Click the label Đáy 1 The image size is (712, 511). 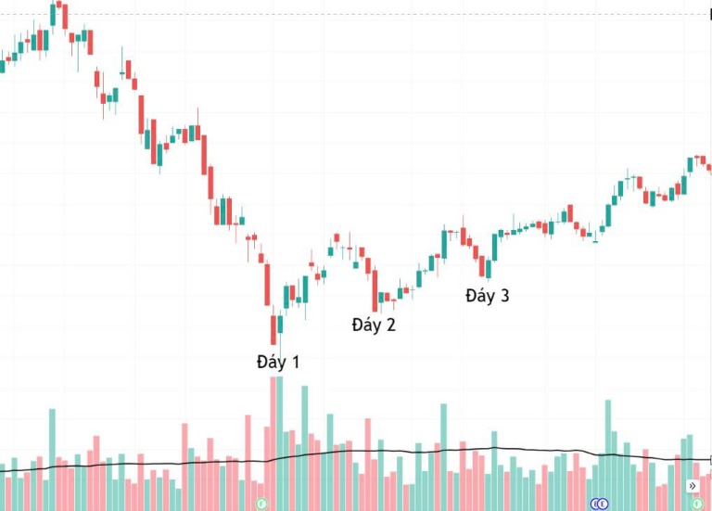pyautogui.click(x=278, y=363)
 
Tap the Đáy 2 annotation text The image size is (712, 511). pyautogui.click(x=374, y=325)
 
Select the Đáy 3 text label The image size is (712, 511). pyautogui.click(x=488, y=296)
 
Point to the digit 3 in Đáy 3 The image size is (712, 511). pyautogui.click(x=504, y=296)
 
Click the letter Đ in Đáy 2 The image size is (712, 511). pyautogui.click(x=358, y=325)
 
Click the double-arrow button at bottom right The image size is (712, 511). pyautogui.click(x=692, y=486)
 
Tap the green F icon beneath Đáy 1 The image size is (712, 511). pyautogui.click(x=261, y=504)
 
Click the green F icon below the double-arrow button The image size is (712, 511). pyautogui.click(x=697, y=504)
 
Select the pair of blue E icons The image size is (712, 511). pyautogui.click(x=600, y=504)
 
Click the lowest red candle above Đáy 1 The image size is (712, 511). pyautogui.click(x=273, y=330)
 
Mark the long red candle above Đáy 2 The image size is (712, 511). pyautogui.click(x=375, y=290)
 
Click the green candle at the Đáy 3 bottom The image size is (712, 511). pyautogui.click(x=489, y=269)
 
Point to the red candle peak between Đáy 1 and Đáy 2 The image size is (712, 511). pyautogui.click(x=337, y=237)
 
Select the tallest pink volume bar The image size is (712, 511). pyautogui.click(x=273, y=444)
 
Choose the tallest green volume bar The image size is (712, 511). pyautogui.click(x=279, y=444)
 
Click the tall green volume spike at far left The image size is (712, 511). pyautogui.click(x=52, y=460)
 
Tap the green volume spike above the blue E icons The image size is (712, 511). pyautogui.click(x=608, y=455)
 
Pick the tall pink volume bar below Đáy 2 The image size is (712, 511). pyautogui.click(x=368, y=465)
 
